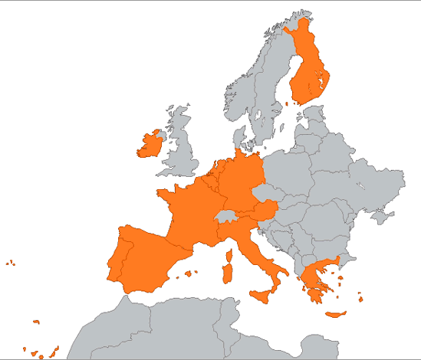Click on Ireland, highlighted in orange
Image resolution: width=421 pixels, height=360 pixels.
click(150, 144)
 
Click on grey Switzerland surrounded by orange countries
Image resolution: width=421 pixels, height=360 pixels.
click(227, 218)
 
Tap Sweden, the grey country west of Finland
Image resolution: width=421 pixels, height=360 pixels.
click(268, 100)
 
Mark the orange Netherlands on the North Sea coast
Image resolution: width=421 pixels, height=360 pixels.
click(217, 169)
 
